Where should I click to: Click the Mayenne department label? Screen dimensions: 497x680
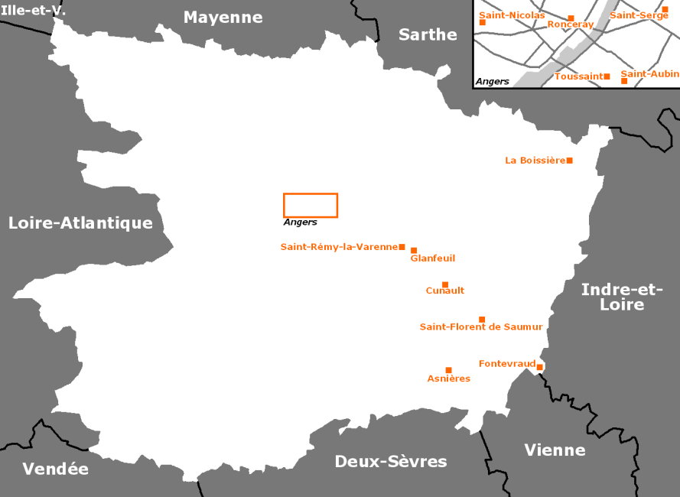click(223, 18)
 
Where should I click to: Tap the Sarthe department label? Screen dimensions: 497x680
click(428, 34)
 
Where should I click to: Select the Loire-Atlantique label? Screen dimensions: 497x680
click(80, 223)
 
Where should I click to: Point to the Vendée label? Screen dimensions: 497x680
click(55, 469)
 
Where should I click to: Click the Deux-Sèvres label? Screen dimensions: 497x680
click(391, 462)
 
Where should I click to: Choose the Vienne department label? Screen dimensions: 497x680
click(555, 450)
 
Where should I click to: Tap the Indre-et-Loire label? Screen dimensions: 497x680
click(622, 297)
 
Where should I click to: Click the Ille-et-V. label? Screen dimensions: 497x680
click(33, 11)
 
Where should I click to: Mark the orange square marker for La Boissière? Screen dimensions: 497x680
click(570, 161)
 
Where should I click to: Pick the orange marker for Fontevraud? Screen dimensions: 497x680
click(539, 368)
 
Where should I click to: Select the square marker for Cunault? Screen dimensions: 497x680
click(445, 284)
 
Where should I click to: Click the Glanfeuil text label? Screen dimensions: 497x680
click(432, 258)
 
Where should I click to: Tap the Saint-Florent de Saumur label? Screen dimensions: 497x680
click(481, 327)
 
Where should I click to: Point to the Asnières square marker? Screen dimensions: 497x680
click(449, 370)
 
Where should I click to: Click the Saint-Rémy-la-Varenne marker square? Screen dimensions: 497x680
click(402, 247)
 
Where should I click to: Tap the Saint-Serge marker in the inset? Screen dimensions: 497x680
click(665, 9)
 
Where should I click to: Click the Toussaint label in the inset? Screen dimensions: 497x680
click(578, 76)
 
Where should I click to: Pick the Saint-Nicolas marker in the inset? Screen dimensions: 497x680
click(483, 22)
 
